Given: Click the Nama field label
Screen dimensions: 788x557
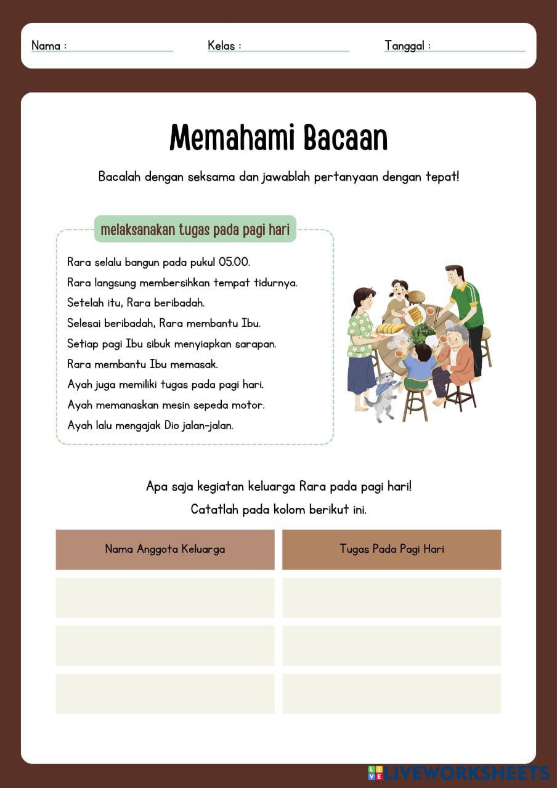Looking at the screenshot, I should coord(46,46).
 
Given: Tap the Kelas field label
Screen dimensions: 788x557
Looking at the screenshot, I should coord(222,46).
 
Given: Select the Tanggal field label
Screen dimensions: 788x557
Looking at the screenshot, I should coord(405,46).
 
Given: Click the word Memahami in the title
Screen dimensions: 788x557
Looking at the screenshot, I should coord(229,138).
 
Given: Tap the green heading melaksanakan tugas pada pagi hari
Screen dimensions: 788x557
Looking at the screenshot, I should coord(195,230).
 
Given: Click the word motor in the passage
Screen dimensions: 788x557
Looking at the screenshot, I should coord(248,405).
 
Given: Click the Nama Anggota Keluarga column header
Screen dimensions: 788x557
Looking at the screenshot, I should coord(165,549).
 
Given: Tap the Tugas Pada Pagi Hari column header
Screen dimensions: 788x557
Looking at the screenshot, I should coord(391,549).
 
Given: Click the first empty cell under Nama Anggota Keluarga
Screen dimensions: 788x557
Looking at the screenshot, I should coord(165,597).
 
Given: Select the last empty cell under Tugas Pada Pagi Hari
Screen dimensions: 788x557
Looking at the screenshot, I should coord(391,694).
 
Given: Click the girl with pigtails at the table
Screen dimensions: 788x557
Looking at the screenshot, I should coord(398,299).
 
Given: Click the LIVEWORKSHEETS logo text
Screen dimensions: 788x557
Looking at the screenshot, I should coord(465,773).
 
